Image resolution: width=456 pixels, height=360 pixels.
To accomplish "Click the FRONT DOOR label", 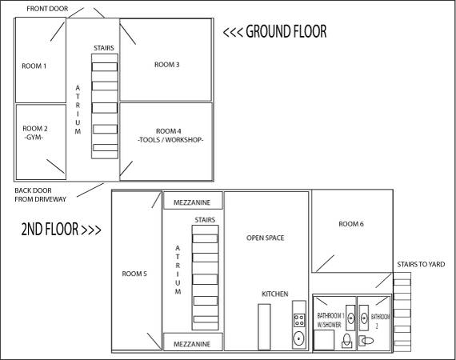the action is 47,9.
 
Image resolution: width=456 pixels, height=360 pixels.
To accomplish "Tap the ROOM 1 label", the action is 34,66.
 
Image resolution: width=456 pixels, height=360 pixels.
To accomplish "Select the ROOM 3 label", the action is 166,65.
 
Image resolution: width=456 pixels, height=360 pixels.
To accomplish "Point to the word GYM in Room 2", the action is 34,138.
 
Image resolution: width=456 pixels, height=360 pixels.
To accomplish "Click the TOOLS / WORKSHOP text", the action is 170,140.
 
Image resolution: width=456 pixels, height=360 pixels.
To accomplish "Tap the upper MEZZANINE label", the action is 192,202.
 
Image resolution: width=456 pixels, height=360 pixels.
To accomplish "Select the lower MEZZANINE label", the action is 192,344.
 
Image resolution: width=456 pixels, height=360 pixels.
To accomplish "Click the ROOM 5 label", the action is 134,274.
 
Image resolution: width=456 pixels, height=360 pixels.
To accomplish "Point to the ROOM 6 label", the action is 351,224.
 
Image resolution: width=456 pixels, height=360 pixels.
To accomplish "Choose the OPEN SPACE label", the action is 266,238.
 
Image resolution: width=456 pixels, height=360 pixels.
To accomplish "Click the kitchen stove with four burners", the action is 299,320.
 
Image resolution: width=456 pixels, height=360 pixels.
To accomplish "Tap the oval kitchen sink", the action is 299,338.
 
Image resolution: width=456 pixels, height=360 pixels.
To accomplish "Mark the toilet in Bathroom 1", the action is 346,341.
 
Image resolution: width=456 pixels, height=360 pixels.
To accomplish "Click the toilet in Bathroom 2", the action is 366,341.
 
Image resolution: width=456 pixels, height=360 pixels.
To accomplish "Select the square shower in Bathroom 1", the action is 324,340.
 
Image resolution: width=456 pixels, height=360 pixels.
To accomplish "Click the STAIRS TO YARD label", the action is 421,264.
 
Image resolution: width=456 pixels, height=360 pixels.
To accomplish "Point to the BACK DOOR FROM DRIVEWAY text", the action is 41,195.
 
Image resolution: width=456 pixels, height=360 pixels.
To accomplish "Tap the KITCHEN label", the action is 275,294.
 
